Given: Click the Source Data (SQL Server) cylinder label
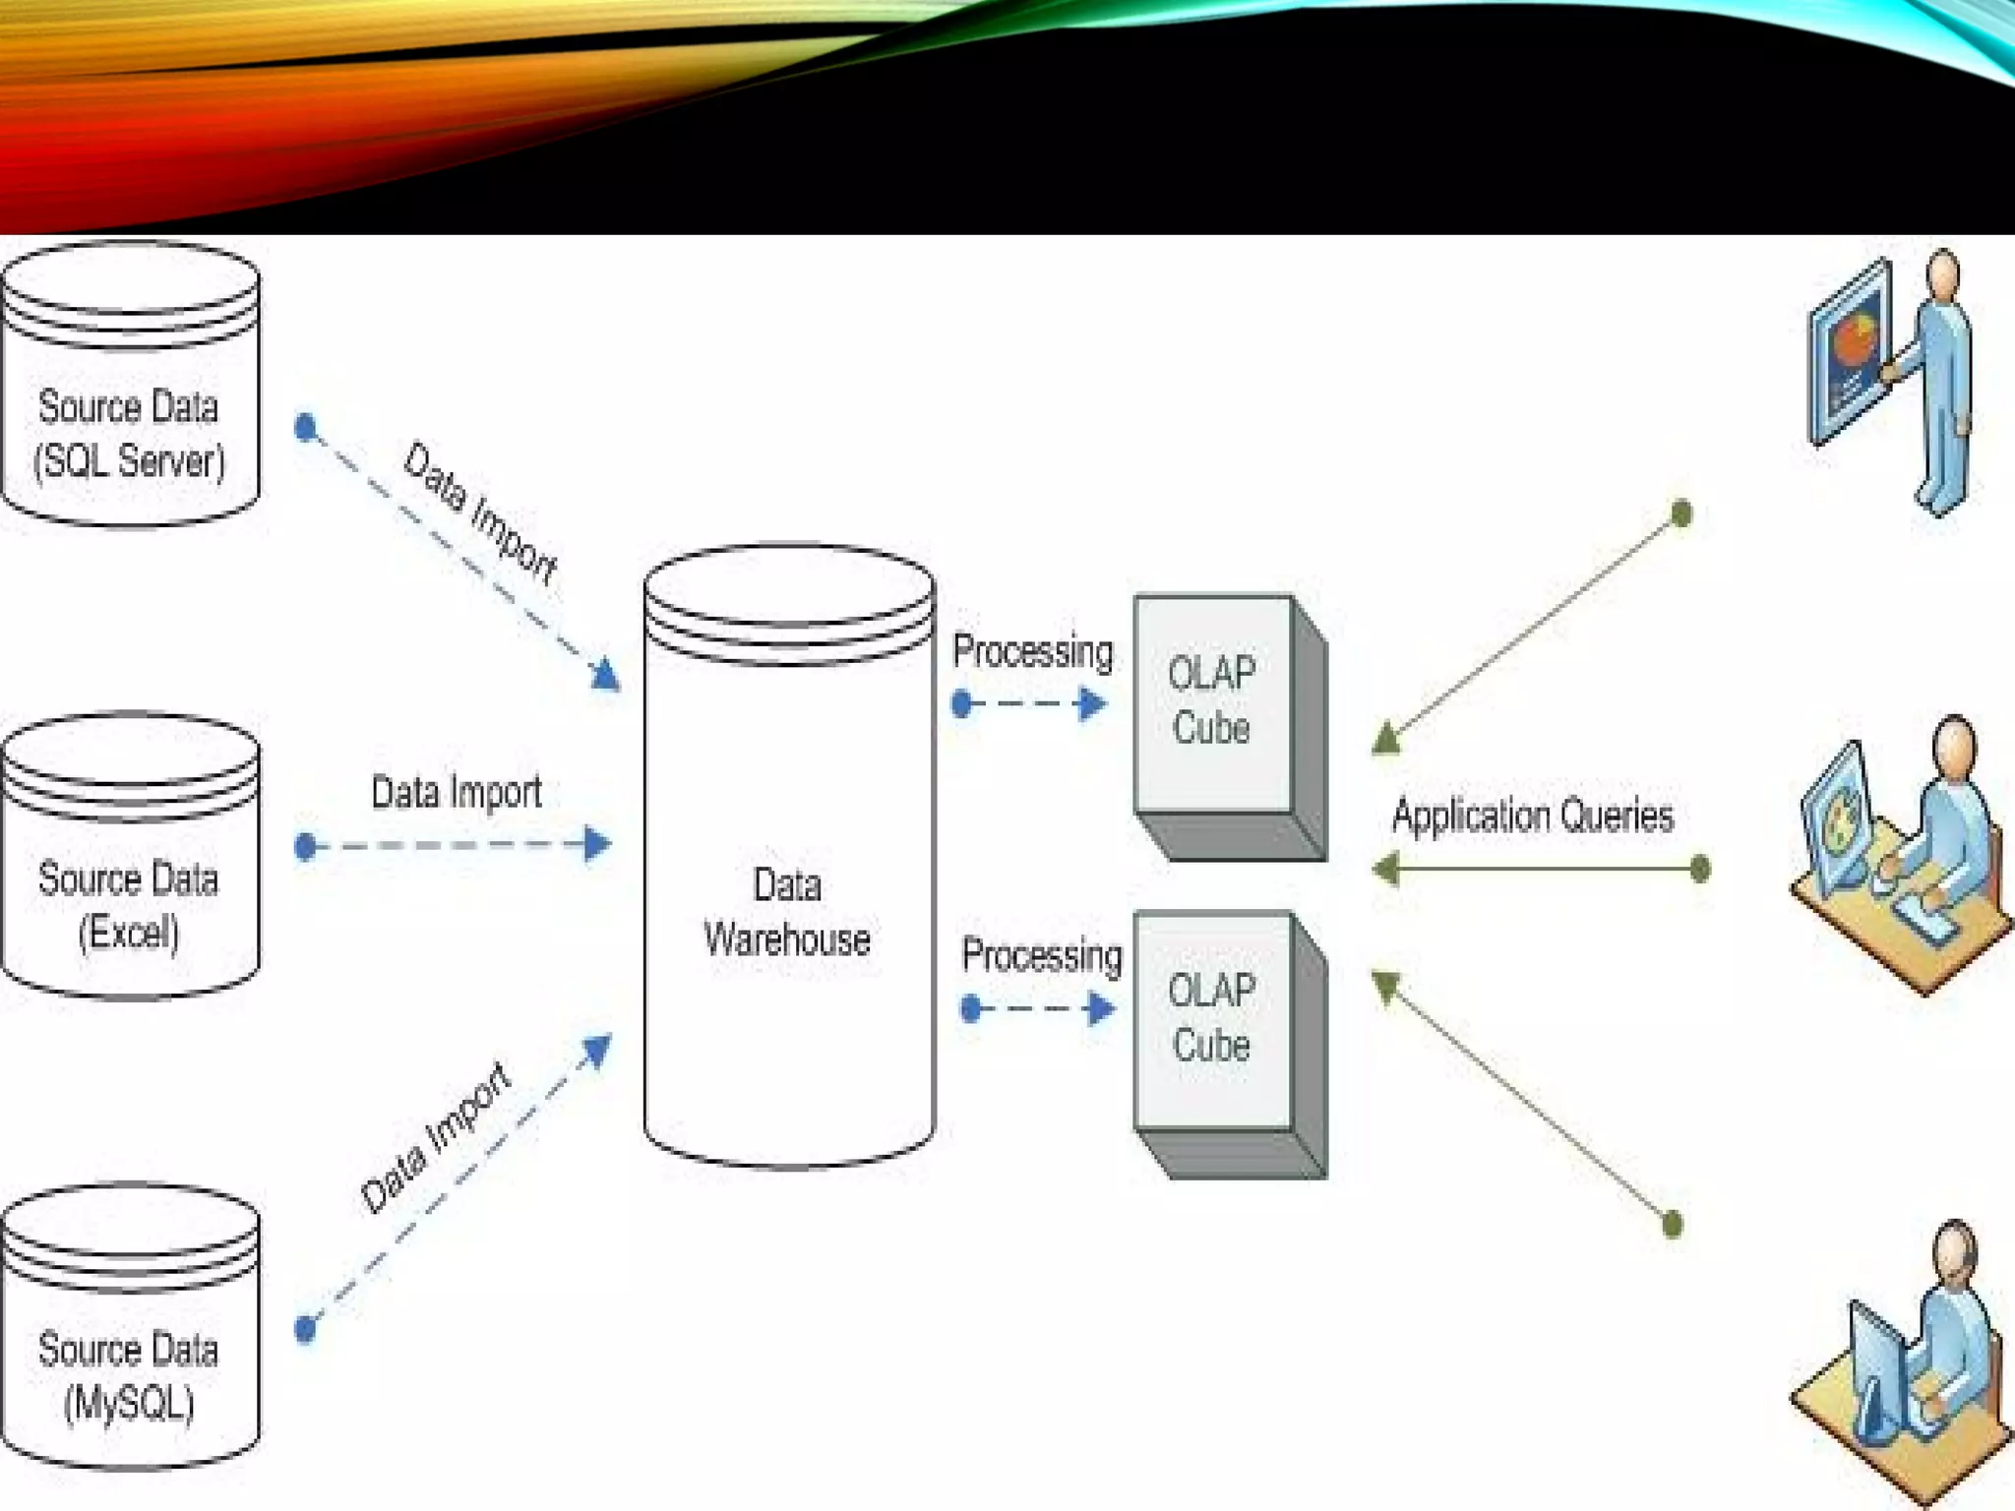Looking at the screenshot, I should coord(129,434).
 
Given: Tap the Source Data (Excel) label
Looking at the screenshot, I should coord(129,905).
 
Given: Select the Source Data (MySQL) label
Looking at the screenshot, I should coord(129,1376).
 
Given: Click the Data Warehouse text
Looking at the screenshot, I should coord(787,912).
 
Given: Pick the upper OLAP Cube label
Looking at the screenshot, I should coord(1211,700).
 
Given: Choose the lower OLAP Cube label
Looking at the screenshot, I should coord(1211,1017).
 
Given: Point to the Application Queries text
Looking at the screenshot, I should coord(1532,816).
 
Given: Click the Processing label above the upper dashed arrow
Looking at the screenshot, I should coord(1032,651).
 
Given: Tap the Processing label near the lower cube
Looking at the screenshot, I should coord(1041,955).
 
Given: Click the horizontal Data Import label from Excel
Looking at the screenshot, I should coord(456,792).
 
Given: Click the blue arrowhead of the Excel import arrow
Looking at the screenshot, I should coord(596,844).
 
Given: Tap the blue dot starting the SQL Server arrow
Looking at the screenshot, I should coord(306,427).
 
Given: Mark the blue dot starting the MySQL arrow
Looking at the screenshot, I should coord(306,1329).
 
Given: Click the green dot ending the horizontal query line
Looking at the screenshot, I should coord(1699,869).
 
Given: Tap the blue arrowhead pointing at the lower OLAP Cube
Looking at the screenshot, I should coord(1101,1008).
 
